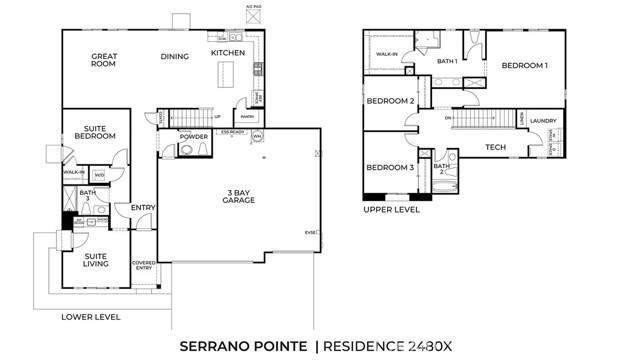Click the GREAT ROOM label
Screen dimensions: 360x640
tap(103, 60)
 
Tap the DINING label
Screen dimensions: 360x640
tap(175, 57)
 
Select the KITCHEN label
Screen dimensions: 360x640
tap(227, 52)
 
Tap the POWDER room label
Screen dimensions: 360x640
tap(193, 136)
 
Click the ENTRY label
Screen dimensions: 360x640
tap(143, 208)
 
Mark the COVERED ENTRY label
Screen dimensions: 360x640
tap(144, 265)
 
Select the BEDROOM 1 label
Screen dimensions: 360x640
tap(524, 66)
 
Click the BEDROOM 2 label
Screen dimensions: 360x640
tap(390, 101)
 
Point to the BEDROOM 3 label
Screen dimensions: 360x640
tap(390, 168)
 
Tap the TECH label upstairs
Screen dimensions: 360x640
tap(495, 148)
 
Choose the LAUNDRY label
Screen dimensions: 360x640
tap(543, 121)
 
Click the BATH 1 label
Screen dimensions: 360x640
tap(447, 62)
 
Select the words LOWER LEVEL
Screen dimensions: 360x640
tap(91, 316)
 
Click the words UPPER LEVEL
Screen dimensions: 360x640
tap(391, 210)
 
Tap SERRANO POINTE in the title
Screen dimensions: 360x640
tap(243, 345)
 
